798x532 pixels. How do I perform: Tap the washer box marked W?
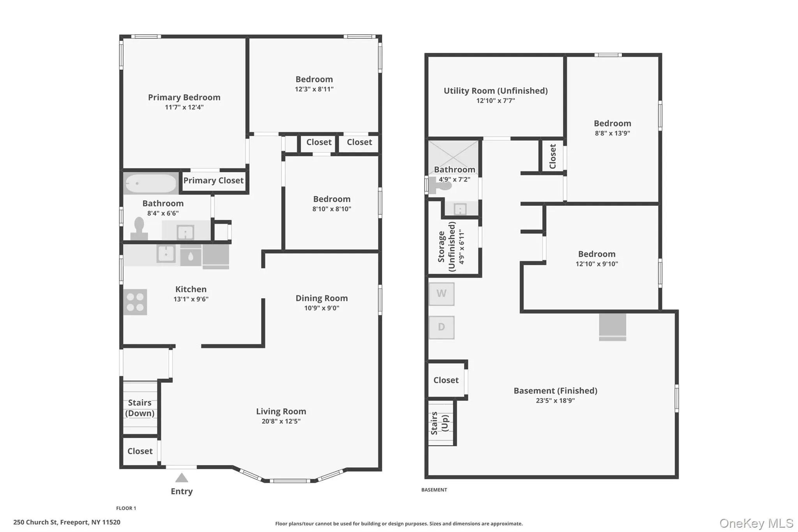[x=441, y=294]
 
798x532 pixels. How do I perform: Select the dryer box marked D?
[x=441, y=327]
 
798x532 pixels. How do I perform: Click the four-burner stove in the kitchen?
[x=135, y=302]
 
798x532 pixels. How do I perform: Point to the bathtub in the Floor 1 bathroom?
[x=151, y=184]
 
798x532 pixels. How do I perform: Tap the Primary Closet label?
[x=214, y=180]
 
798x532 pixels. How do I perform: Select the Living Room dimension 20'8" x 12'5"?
[x=281, y=421]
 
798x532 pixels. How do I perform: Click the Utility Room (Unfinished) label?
[x=496, y=91]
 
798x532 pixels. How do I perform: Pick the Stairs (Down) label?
[x=139, y=408]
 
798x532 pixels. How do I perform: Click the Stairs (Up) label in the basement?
[x=440, y=423]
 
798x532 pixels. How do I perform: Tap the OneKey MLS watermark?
[x=756, y=523]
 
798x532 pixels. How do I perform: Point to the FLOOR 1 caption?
[x=126, y=508]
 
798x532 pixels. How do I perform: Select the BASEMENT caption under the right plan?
[x=434, y=490]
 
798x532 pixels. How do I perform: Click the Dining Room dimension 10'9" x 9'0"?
[x=321, y=308]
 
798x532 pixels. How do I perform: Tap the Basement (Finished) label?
[x=555, y=391]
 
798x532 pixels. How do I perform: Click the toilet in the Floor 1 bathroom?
[x=139, y=228]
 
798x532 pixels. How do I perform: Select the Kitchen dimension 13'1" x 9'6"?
[x=191, y=299]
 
